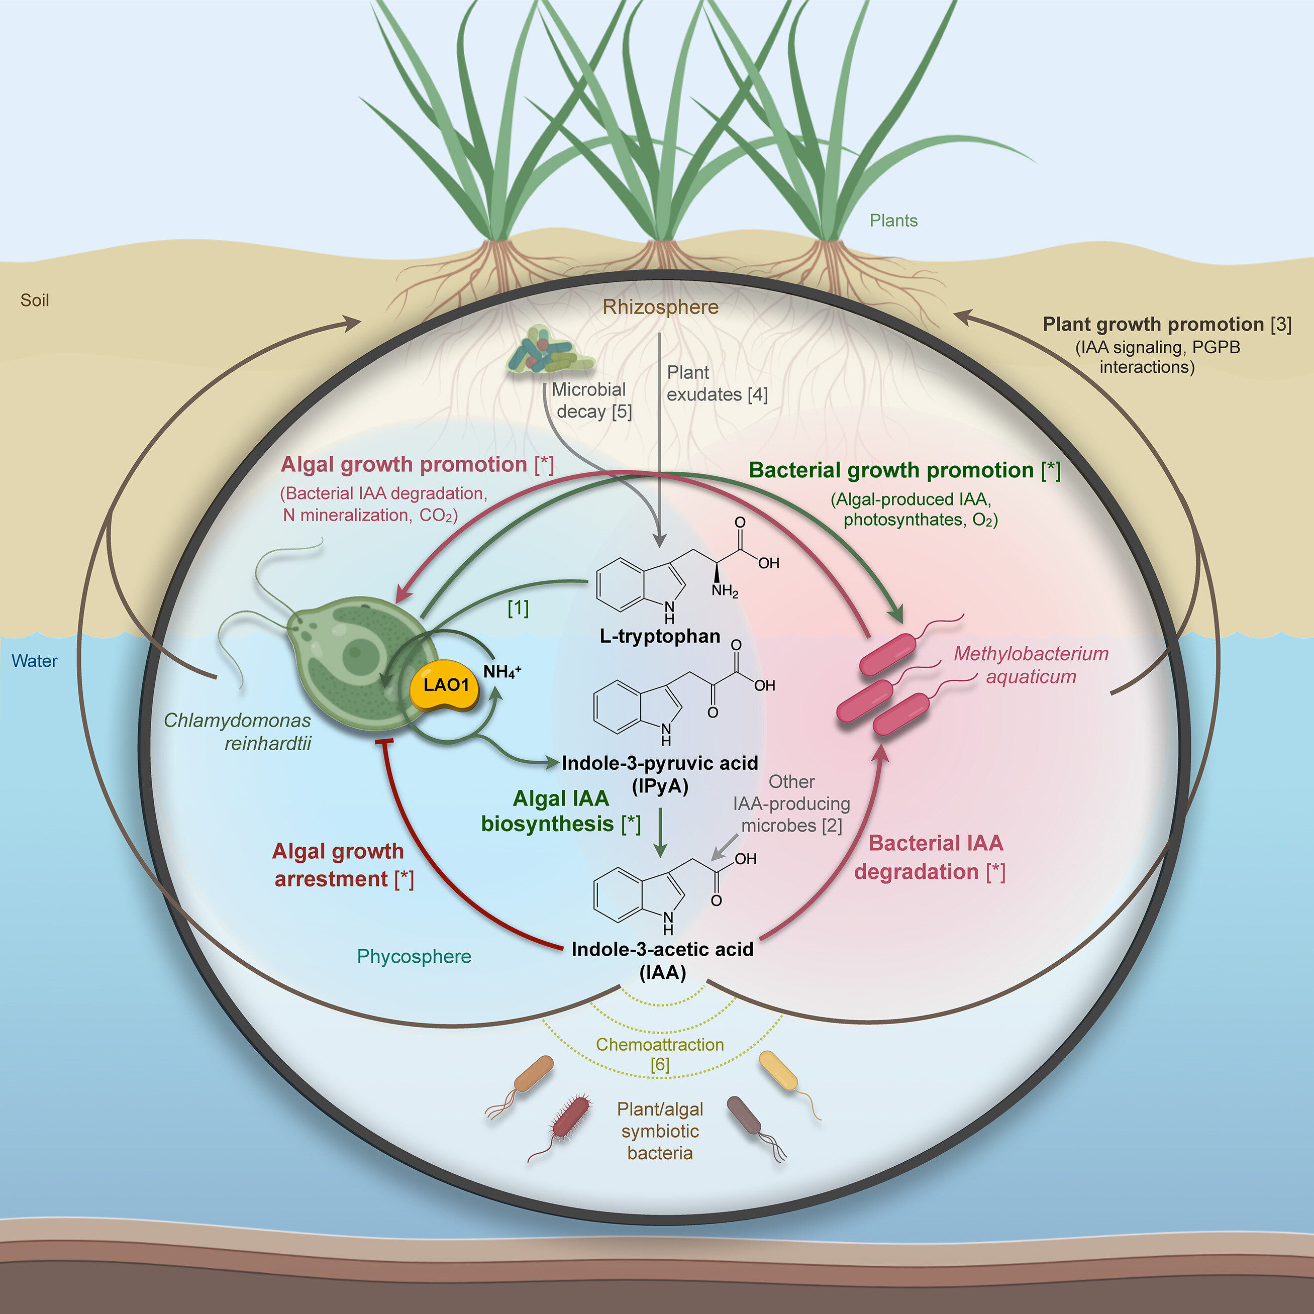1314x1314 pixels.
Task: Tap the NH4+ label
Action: click(x=501, y=672)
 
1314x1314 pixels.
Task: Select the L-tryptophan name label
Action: click(x=660, y=637)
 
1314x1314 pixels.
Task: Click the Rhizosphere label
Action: click(x=660, y=308)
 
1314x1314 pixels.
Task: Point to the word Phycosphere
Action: click(x=414, y=956)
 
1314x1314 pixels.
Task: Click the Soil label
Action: click(x=35, y=300)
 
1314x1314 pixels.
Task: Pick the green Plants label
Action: click(x=893, y=221)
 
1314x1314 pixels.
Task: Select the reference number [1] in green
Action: click(x=518, y=608)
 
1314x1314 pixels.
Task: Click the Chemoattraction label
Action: click(x=660, y=1044)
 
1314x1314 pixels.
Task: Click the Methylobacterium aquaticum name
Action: click(x=1031, y=664)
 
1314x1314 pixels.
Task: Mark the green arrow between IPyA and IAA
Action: click(x=659, y=833)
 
